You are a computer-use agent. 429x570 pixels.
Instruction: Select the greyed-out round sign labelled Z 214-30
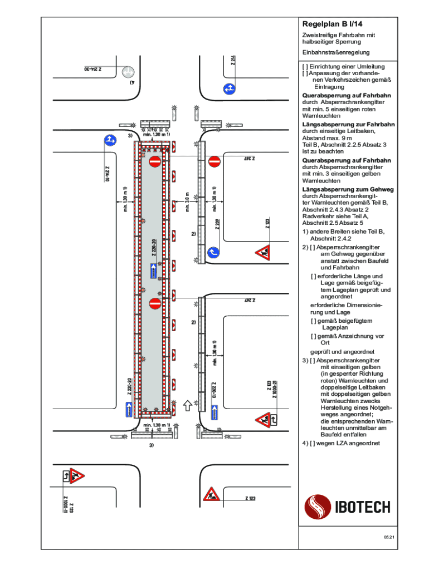[x=129, y=72]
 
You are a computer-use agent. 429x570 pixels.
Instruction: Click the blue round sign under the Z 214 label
[x=228, y=88]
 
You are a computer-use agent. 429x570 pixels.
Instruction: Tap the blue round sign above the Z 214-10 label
[x=110, y=140]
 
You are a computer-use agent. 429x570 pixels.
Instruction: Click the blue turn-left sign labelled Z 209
[x=213, y=253]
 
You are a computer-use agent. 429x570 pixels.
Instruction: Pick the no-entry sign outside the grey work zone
[x=215, y=161]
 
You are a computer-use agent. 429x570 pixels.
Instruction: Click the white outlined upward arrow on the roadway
[x=188, y=405]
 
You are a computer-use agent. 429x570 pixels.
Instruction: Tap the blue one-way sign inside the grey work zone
[x=154, y=271]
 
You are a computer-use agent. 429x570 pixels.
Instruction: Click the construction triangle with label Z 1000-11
[x=74, y=476]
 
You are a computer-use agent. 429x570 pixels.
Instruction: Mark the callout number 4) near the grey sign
[x=132, y=82]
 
